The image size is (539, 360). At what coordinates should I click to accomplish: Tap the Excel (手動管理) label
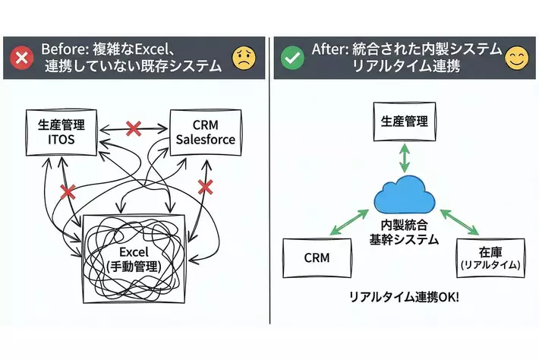134,259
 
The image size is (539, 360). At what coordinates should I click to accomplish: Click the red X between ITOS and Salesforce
134,128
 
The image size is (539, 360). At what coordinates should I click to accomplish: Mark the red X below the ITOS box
68,191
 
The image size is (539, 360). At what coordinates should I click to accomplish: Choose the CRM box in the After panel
316,258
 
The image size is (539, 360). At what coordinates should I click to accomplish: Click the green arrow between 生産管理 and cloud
404,160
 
